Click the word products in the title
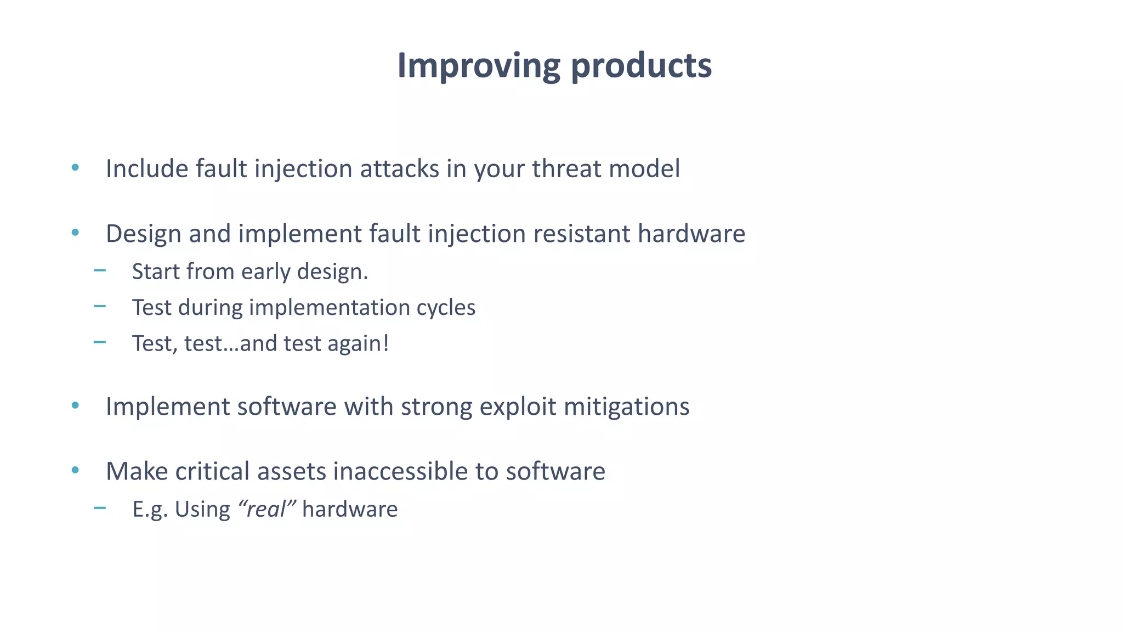coord(641,66)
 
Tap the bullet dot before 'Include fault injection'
coord(75,167)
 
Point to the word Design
coord(144,234)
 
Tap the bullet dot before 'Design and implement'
coord(75,233)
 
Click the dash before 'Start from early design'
coord(100,270)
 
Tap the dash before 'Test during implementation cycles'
coord(100,306)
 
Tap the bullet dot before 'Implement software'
coord(75,406)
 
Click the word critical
coord(212,471)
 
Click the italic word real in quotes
coord(266,510)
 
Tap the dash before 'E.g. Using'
coord(100,508)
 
